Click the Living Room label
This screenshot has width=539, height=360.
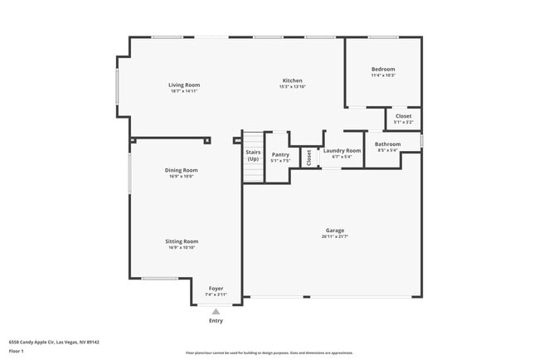point(184,85)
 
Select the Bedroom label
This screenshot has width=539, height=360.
point(383,69)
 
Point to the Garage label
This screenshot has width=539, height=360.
point(335,230)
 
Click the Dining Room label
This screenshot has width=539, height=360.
point(182,170)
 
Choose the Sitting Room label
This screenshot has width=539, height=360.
point(182,241)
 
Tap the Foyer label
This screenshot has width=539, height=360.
point(216,289)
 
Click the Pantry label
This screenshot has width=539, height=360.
point(280,154)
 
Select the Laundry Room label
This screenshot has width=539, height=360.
point(342,151)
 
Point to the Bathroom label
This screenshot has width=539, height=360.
point(388,144)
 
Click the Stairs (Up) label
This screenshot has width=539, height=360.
point(253,155)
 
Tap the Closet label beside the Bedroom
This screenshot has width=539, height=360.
point(403,116)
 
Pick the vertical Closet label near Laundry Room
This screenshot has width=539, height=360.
point(309,156)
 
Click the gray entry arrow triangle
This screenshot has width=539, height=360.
point(216,311)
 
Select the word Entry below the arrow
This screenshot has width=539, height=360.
point(216,321)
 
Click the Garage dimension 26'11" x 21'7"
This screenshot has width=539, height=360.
point(335,236)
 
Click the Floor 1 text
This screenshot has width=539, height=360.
point(16,351)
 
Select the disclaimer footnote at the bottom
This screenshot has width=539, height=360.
point(269,352)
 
